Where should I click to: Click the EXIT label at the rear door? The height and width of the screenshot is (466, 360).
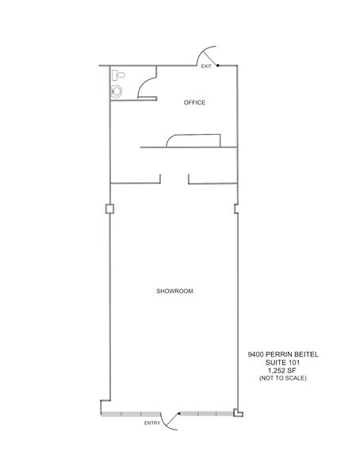pyautogui.click(x=206, y=67)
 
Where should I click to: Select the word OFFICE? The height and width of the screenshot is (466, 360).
pyautogui.click(x=195, y=103)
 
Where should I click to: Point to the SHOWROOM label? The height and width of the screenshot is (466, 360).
pyautogui.click(x=174, y=292)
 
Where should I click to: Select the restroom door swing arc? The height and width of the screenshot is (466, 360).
pyautogui.click(x=147, y=87)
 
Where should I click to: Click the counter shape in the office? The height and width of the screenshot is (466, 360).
pyautogui.click(x=193, y=141)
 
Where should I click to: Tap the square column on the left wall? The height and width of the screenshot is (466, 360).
pyautogui.click(x=109, y=209)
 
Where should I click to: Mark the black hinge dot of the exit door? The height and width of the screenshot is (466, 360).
pyautogui.click(x=217, y=66)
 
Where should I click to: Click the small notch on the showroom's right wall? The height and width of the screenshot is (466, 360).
pyautogui.click(x=236, y=210)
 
